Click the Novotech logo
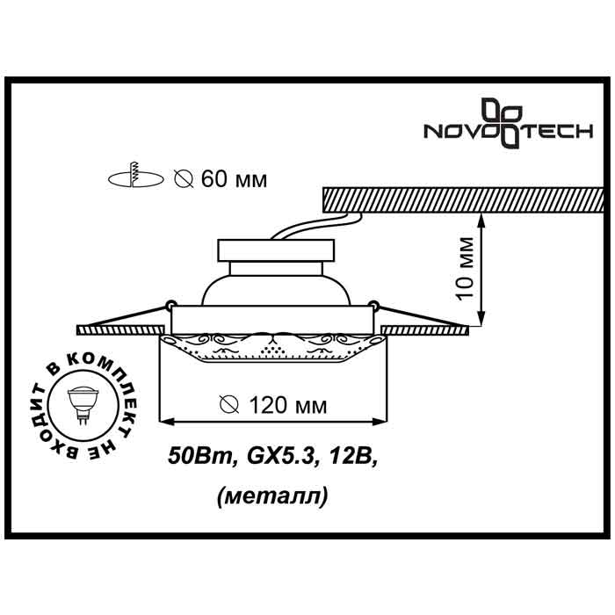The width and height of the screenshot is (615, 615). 509,122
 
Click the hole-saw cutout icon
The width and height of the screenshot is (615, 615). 135,176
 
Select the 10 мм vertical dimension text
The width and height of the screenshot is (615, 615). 467,269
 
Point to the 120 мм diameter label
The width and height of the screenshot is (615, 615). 273,405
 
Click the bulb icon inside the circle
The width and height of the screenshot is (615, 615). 82,404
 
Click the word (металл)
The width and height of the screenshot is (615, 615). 272,497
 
